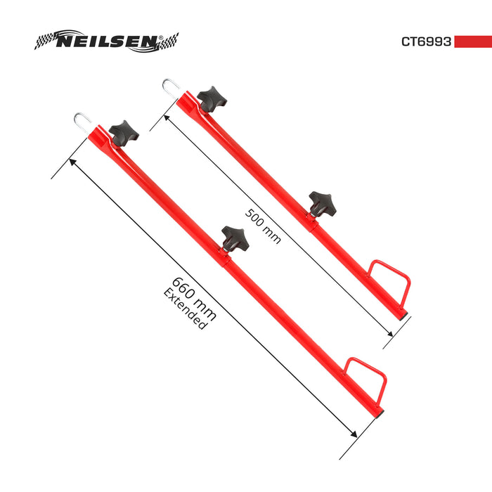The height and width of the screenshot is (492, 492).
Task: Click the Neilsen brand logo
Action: coord(106,41)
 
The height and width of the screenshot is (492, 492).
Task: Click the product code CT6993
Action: coord(426,41)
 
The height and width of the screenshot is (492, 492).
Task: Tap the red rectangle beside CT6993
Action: coord(472,41)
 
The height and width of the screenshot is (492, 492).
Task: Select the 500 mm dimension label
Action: coord(263,226)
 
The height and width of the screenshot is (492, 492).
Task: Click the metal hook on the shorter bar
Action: coord(171,88)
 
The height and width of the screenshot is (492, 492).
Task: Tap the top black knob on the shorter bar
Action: coord(211,98)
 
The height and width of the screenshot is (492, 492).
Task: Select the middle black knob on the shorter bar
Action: coord(322,203)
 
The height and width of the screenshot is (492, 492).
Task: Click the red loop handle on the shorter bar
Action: coord(391,280)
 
